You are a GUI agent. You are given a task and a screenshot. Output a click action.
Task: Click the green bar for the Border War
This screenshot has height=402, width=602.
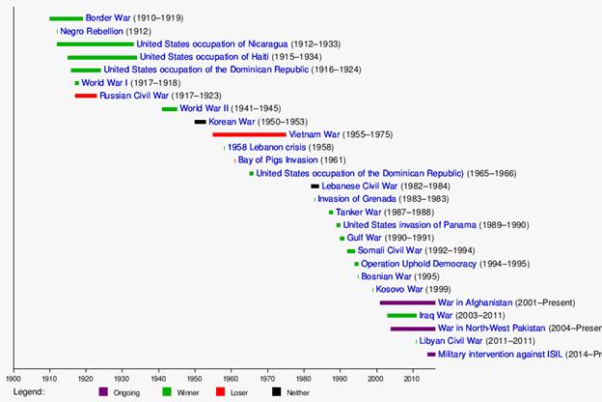pos(66,18)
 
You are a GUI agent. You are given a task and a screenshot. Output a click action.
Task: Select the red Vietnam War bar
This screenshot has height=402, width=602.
pos(249,134)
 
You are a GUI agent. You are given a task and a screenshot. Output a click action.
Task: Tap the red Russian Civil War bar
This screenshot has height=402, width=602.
pos(86,96)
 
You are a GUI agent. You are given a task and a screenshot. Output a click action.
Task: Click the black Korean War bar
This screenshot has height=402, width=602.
pos(201,122)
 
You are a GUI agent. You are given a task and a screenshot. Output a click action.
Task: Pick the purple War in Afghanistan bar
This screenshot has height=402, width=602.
pos(407,302)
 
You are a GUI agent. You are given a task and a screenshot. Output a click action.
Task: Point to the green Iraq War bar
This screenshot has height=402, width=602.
pos(401,315)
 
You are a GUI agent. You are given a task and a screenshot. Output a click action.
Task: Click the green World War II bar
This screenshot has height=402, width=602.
pos(170,109)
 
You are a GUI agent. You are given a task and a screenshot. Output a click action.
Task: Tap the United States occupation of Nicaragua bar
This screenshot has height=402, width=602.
pos(95,44)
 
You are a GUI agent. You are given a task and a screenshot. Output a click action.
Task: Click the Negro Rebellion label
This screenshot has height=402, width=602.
pos(93,31)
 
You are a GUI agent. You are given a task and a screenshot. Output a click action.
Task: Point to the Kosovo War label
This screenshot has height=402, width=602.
pos(399,289)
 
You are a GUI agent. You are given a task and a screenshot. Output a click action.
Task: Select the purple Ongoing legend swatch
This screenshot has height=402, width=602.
pos(104,391)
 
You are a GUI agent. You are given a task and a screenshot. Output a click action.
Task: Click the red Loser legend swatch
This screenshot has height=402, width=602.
pos(221,391)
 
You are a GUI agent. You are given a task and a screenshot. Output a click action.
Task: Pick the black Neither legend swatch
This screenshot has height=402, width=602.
pos(277,391)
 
